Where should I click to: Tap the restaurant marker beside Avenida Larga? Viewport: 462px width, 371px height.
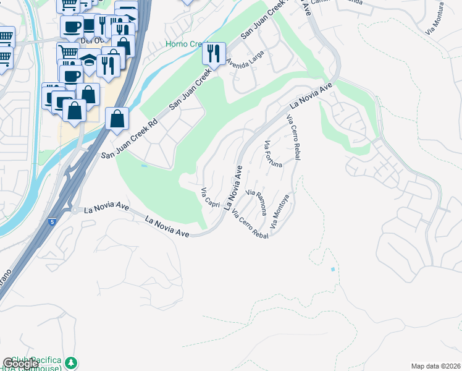pyautogui.click(x=214, y=54)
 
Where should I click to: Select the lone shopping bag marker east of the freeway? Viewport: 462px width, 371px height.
pyautogui.click(x=117, y=118)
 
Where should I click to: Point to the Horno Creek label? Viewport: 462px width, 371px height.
pyautogui.click(x=182, y=44)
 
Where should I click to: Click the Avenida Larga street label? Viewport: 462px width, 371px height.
pyautogui.click(x=245, y=60)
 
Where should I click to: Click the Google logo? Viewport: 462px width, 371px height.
pyautogui.click(x=20, y=364)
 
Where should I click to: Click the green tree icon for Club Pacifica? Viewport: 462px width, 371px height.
pyautogui.click(x=72, y=362)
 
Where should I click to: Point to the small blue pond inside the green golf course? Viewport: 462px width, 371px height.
pyautogui.click(x=143, y=166)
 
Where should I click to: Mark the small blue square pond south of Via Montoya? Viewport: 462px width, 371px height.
pyautogui.click(x=333, y=270)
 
